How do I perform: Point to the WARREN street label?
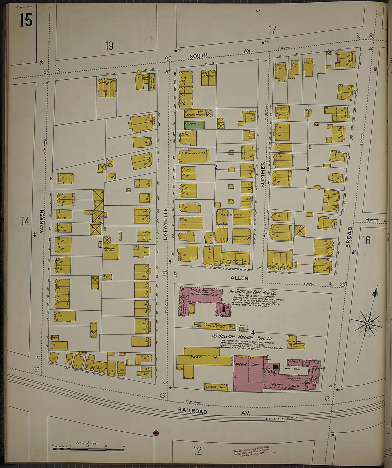pos(42,221)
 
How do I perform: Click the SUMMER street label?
pos(263,175)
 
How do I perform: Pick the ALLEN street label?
pos(239,278)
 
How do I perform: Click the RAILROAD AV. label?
pos(214,411)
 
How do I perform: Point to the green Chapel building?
pos(194,125)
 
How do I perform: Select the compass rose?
pos(367,323)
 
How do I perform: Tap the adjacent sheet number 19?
pos(109,46)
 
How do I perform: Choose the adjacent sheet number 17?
pos(272,30)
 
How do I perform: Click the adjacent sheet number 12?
pos(197,451)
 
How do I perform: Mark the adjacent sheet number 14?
pos(25,221)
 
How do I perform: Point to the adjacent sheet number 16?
pos(366,240)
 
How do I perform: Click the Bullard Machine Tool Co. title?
pos(242,337)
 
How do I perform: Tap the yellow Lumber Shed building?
pos(216,387)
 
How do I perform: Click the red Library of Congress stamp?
pos(251,450)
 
